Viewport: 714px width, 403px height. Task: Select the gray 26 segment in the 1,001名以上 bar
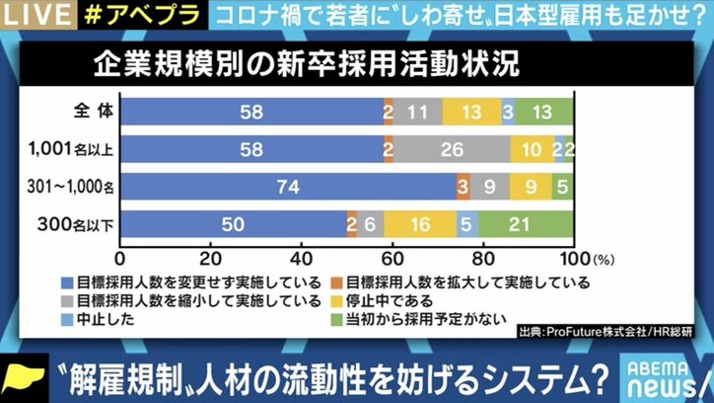click(452, 150)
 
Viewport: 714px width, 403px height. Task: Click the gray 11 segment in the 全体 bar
click(418, 113)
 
